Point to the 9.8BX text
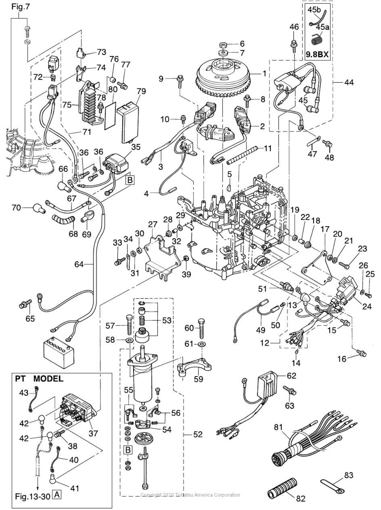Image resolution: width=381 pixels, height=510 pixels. point(317,55)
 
